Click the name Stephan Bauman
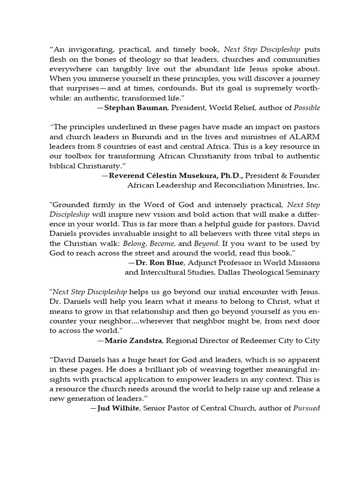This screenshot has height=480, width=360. pyautogui.click(x=135, y=108)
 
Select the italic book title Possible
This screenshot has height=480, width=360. pyautogui.click(x=307, y=108)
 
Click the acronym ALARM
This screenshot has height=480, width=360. pyautogui.click(x=306, y=137)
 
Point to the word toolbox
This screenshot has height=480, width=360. pyautogui.click(x=77, y=156)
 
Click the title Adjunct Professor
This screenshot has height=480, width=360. pyautogui.click(x=196, y=262)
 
